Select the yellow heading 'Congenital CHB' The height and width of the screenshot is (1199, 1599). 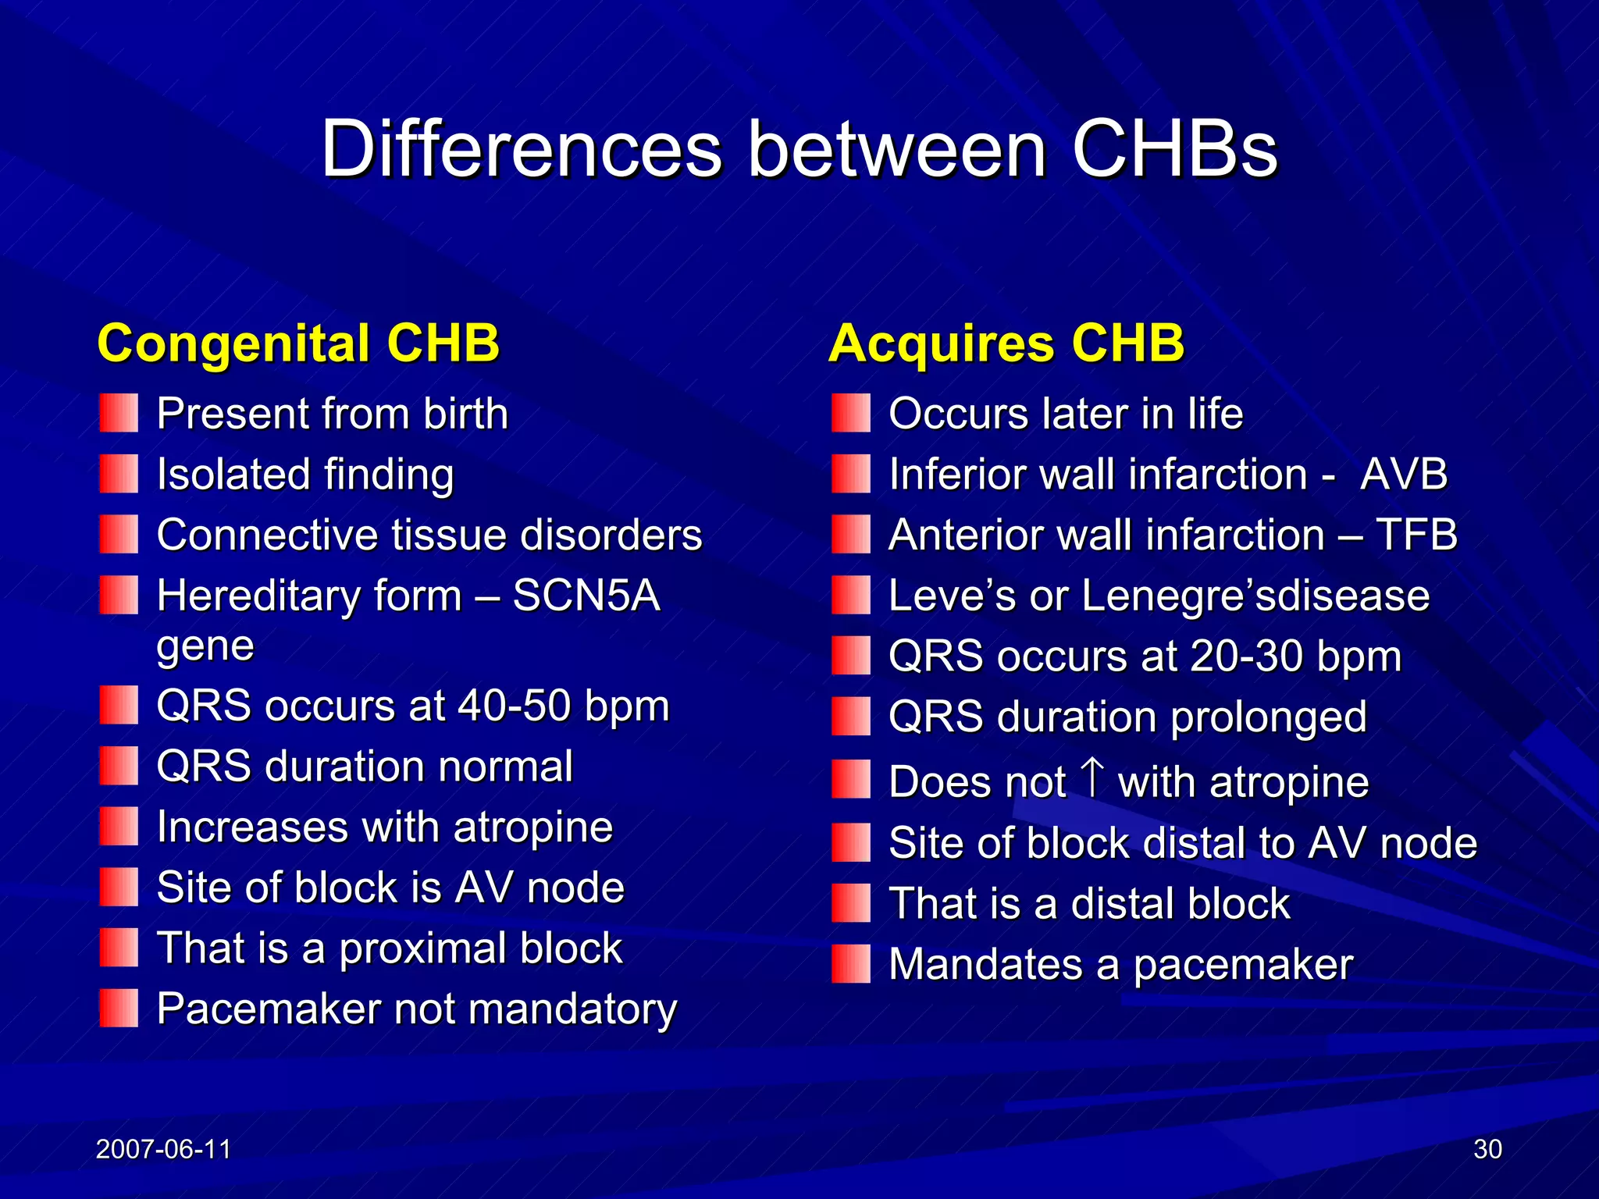(x=298, y=343)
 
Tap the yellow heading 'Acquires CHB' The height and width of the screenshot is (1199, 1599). (x=1006, y=343)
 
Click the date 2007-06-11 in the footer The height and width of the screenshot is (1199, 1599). (x=163, y=1149)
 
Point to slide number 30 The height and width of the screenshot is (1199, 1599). (x=1487, y=1149)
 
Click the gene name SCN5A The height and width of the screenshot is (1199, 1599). (x=586, y=596)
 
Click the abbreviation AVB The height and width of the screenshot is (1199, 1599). (x=1403, y=474)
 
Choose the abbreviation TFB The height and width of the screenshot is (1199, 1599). (x=1416, y=535)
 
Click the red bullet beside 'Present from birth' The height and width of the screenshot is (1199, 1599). (x=119, y=413)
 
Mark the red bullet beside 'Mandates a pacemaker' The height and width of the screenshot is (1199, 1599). (x=850, y=964)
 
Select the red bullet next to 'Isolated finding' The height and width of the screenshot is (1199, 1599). (x=119, y=474)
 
